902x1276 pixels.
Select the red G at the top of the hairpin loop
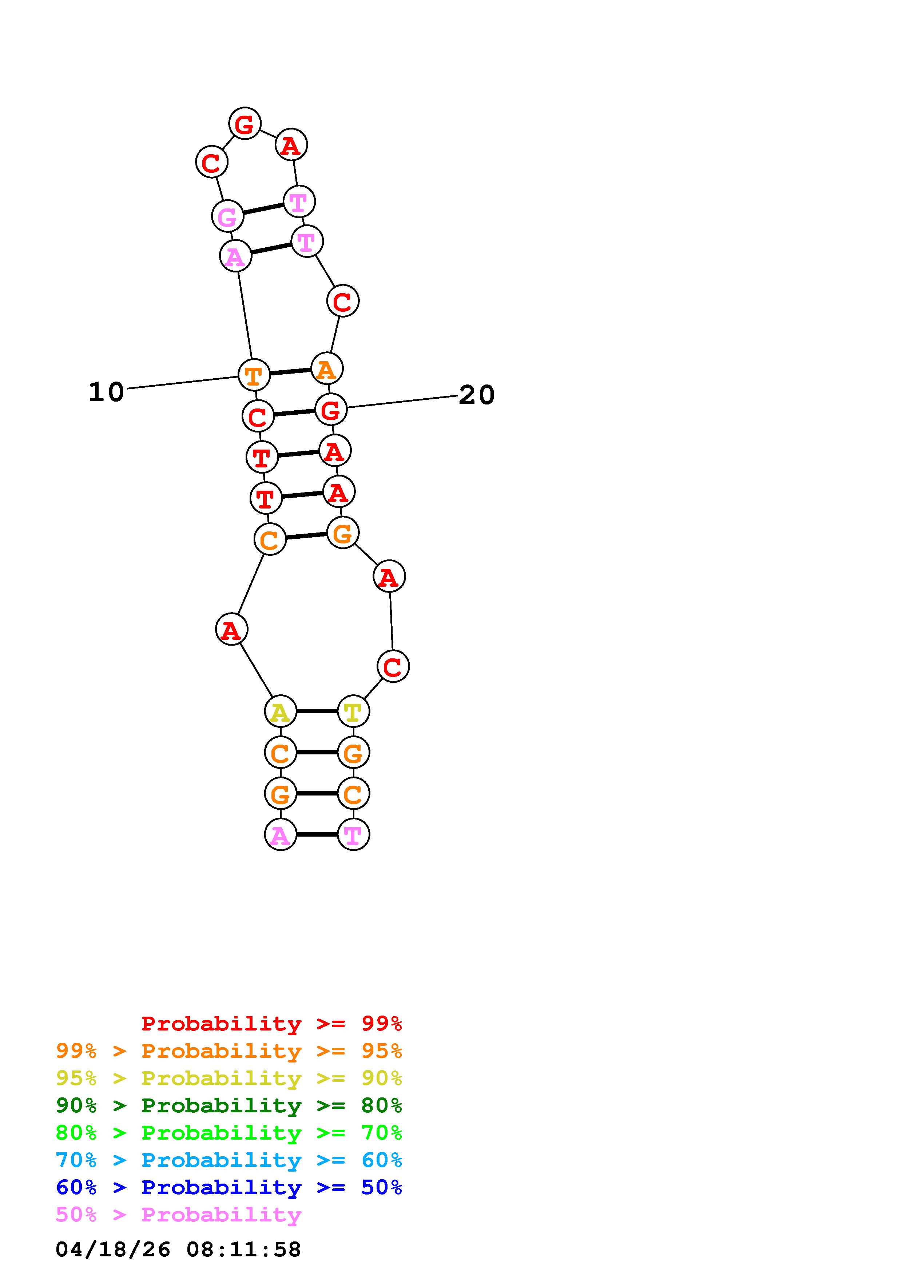pyautogui.click(x=245, y=123)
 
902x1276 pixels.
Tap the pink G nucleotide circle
pyautogui.click(x=228, y=216)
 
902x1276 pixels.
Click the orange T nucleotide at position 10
pyautogui.click(x=254, y=375)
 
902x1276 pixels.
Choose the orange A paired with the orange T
pyautogui.click(x=327, y=368)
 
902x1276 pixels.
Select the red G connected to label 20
pyautogui.click(x=331, y=410)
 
